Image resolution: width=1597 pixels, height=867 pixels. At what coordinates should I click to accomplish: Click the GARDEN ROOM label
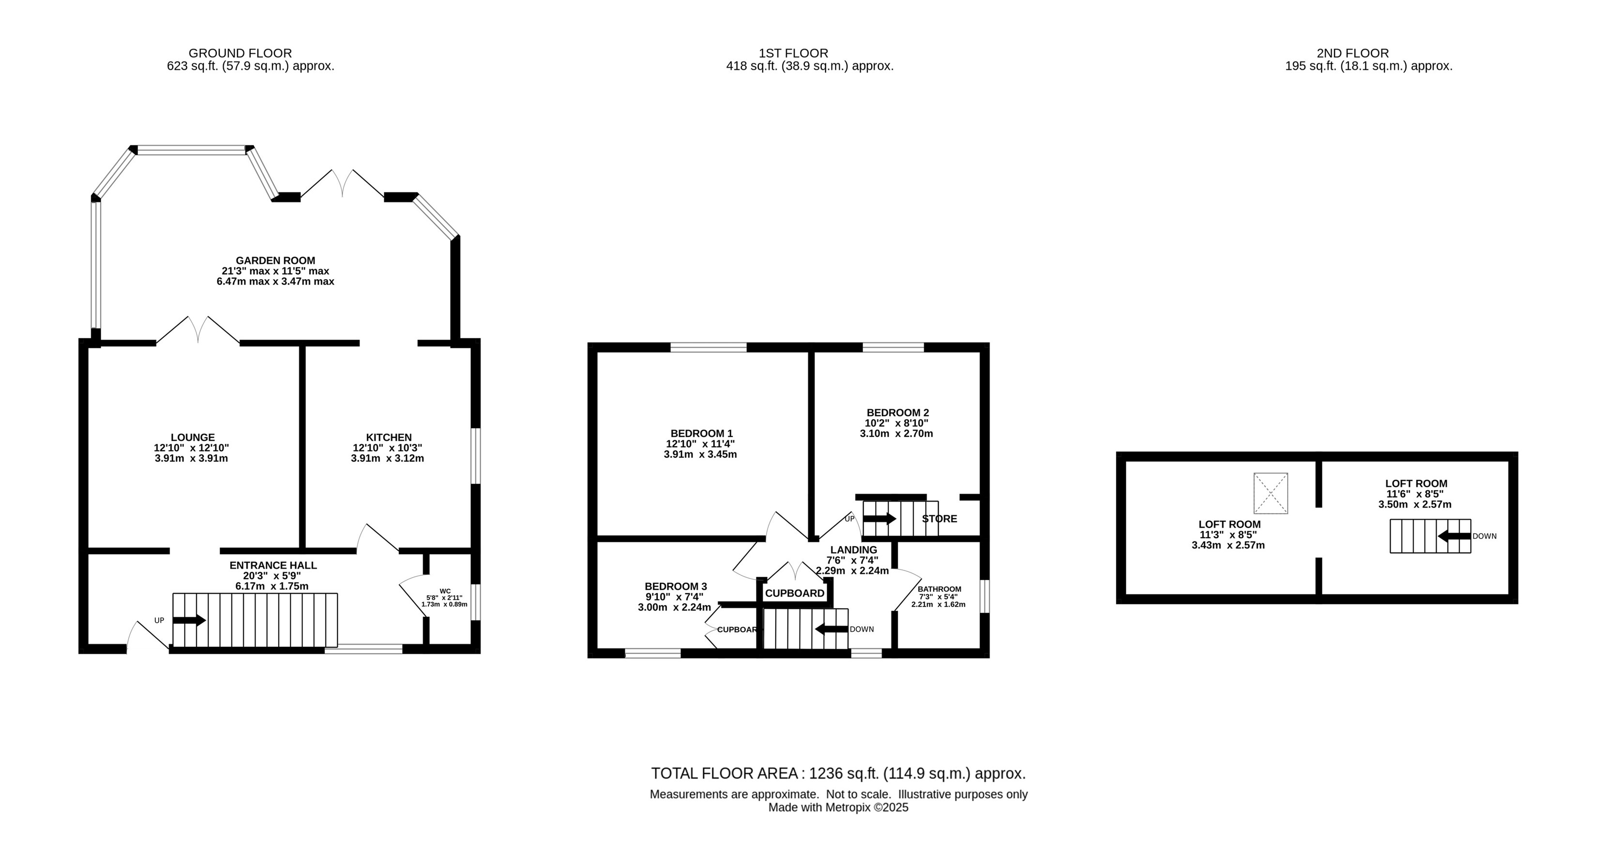(x=275, y=261)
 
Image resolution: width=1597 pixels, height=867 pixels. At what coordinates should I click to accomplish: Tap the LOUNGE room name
(x=193, y=437)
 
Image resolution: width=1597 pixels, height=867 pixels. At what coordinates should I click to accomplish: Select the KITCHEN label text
(x=389, y=437)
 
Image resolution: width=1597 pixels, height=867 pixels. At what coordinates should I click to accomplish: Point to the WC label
(x=445, y=591)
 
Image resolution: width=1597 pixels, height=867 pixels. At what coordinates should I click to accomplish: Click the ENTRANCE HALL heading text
(x=273, y=565)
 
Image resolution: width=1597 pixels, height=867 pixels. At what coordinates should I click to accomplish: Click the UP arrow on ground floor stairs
(x=189, y=620)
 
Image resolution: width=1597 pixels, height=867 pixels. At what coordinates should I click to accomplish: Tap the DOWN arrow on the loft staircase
(x=1454, y=536)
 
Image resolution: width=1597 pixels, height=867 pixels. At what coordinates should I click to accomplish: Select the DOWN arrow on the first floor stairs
(x=831, y=629)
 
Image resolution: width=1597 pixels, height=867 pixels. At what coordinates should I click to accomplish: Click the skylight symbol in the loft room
(x=1271, y=493)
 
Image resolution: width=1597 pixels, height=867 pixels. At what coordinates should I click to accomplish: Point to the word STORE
(x=939, y=519)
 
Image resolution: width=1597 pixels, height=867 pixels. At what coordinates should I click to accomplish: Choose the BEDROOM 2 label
(x=898, y=413)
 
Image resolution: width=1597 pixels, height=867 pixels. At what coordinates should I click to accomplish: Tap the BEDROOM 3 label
(x=676, y=586)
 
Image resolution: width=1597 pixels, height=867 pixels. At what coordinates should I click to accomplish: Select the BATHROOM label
(x=939, y=589)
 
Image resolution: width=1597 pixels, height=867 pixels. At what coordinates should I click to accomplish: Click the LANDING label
(x=854, y=550)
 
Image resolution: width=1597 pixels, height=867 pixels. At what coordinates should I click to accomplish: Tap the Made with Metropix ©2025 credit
(x=838, y=807)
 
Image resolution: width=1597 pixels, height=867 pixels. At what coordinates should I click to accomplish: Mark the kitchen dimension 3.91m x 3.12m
(x=388, y=459)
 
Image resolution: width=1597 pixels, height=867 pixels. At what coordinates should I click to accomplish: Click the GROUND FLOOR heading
(x=240, y=53)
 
